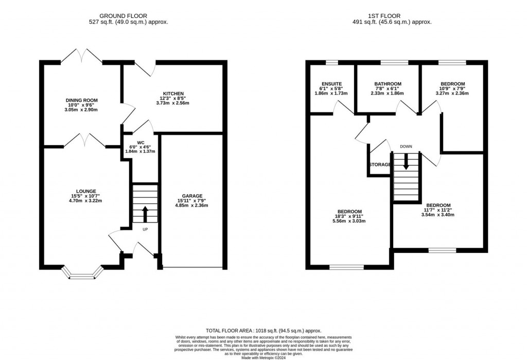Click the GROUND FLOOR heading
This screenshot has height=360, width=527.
[x=123, y=16]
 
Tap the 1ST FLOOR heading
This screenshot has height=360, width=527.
[x=384, y=16]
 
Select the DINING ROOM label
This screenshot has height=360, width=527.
[x=82, y=100]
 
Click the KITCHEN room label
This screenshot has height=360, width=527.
[x=173, y=94]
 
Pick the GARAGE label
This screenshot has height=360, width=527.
[x=192, y=196]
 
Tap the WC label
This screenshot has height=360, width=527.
[x=140, y=143]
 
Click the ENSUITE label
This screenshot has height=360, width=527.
[x=332, y=84]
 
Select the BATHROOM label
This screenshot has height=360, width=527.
[x=388, y=84]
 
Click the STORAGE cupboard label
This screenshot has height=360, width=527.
[x=380, y=165]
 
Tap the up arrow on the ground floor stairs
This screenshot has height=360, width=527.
[x=145, y=214]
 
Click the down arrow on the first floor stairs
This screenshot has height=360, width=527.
[x=407, y=161]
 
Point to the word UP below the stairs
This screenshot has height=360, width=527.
[x=145, y=229]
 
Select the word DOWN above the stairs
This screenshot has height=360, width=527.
[x=406, y=147]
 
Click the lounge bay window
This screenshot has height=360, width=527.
[x=82, y=273]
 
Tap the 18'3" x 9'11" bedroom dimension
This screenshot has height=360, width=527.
[x=349, y=217]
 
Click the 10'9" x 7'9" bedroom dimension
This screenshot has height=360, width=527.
[x=452, y=88]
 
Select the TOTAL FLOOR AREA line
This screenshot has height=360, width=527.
[x=263, y=331]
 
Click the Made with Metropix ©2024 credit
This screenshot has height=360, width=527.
[x=263, y=357]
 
